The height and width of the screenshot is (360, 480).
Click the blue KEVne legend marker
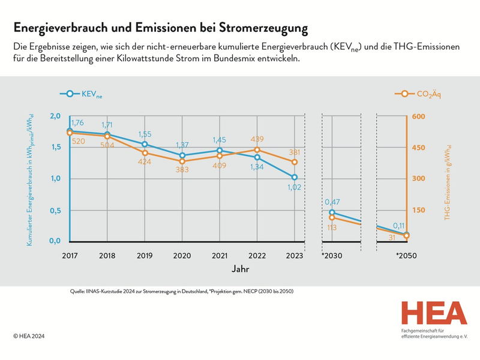coord(70,94)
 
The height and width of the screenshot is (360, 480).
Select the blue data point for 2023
coord(294,177)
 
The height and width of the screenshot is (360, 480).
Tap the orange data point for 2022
coord(257,150)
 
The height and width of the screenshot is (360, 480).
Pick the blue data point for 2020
coord(182,155)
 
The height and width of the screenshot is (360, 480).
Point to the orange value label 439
coord(257,139)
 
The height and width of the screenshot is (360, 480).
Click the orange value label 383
coord(182,170)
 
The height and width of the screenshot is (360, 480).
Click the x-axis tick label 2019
coord(145,256)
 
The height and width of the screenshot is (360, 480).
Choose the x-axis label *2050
coord(406,256)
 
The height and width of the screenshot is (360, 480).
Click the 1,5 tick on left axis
coord(55,147)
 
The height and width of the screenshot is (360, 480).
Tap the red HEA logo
coord(434,313)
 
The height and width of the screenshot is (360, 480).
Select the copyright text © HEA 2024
coord(30,337)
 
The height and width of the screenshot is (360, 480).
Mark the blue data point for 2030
coord(332,212)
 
